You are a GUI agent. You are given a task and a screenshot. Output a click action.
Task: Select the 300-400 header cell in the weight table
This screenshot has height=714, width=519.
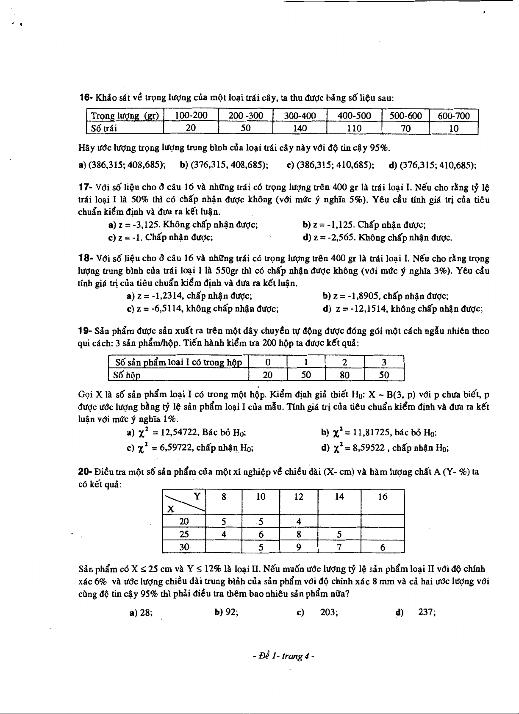pyautogui.click(x=300, y=116)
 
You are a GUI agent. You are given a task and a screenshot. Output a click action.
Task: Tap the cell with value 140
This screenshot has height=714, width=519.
pyautogui.click(x=300, y=128)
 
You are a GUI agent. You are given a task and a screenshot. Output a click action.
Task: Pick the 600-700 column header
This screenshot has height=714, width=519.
pyautogui.click(x=454, y=116)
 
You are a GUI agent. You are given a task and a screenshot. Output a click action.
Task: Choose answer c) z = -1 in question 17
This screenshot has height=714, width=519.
pyautogui.click(x=161, y=238)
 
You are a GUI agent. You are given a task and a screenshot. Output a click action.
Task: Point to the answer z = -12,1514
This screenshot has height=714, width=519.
pyautogui.click(x=402, y=309)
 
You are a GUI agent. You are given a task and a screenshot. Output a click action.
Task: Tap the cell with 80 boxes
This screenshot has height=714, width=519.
pyautogui.click(x=344, y=375)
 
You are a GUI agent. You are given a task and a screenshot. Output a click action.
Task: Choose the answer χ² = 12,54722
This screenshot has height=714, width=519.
pyautogui.click(x=187, y=433)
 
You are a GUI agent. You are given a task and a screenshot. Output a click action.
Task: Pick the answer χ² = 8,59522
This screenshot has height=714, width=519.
pyautogui.click(x=385, y=447)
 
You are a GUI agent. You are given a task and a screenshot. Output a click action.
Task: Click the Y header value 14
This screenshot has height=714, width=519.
pyautogui.click(x=339, y=497)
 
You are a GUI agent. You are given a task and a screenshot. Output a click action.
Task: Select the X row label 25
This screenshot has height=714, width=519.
pyautogui.click(x=184, y=534)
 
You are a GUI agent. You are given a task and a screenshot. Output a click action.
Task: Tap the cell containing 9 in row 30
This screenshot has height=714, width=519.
pyautogui.click(x=299, y=547)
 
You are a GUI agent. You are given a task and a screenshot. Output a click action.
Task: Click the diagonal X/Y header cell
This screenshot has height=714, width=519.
pyautogui.click(x=184, y=502)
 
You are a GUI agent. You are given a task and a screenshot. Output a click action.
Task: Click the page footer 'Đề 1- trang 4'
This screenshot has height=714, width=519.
pyautogui.click(x=283, y=656)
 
